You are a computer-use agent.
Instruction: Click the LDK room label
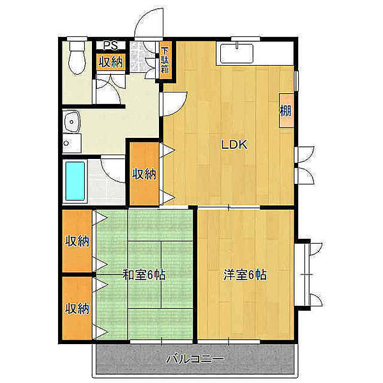234,145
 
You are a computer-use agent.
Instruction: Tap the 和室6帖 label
144,276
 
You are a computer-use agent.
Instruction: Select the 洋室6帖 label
245,276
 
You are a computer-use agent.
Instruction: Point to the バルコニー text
195,359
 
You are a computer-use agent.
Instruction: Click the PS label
110,46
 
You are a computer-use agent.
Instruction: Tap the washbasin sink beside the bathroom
71,121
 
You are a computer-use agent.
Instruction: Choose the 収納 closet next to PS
110,62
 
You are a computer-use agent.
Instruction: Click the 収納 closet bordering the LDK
144,173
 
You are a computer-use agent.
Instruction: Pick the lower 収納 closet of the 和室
77,309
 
